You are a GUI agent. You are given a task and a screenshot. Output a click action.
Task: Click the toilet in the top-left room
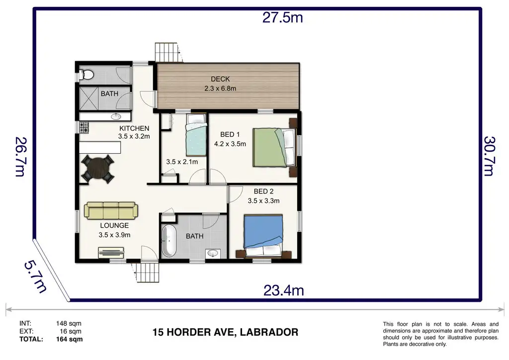86,75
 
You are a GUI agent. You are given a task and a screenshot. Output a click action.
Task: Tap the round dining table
97,169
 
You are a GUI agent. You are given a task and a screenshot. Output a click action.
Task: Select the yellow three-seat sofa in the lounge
111,210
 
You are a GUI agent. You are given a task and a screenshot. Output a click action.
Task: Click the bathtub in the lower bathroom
169,241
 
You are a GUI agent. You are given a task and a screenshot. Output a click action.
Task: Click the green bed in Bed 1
274,147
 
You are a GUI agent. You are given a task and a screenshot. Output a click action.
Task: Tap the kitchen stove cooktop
84,127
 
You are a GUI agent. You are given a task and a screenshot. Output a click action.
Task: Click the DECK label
220,79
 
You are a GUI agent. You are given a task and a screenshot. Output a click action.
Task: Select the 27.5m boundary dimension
282,17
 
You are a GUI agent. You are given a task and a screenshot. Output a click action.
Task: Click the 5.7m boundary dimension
36,277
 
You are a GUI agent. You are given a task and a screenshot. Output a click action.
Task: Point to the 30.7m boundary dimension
489,156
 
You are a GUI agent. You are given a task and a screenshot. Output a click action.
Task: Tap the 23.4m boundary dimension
283,290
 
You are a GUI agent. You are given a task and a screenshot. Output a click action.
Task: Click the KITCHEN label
134,129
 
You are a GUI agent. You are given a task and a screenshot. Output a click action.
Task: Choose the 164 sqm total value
69,339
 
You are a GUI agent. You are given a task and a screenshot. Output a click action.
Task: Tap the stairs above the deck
167,52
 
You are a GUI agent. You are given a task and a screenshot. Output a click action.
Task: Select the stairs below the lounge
147,272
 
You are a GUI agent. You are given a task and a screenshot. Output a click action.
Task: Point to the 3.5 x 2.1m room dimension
182,162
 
